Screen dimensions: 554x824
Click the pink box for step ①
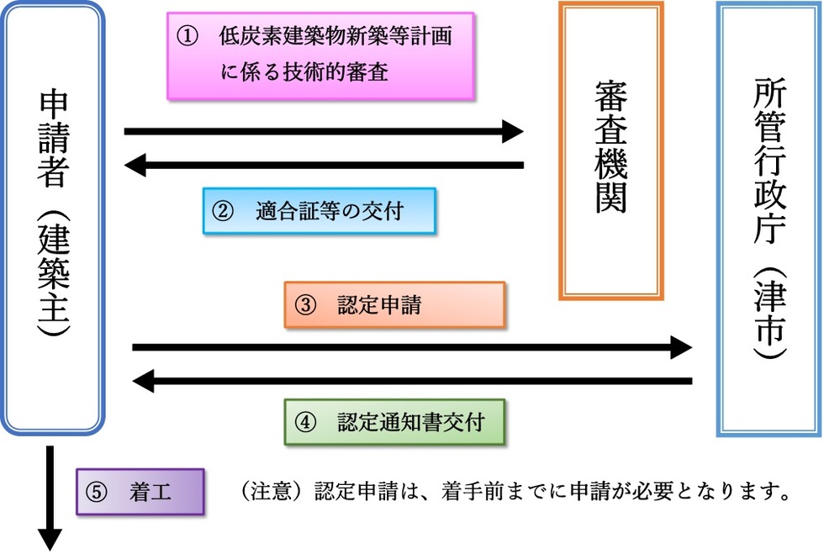[320, 55]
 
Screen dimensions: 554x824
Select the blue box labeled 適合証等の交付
[320, 211]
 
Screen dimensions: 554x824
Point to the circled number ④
[304, 421]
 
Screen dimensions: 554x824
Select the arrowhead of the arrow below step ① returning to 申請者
[136, 166]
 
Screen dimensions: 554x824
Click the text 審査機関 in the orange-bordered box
[611, 147]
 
